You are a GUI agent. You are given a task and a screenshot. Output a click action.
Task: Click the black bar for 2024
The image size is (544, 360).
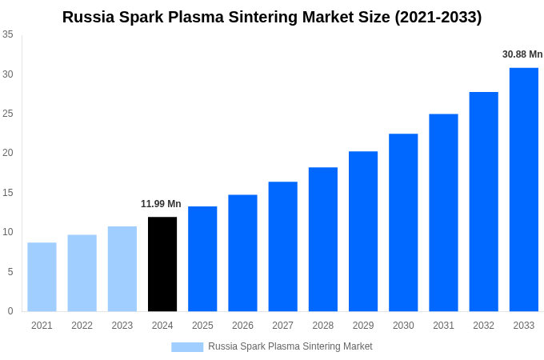(x=162, y=264)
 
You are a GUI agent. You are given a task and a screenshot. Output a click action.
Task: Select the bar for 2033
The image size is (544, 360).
(x=524, y=190)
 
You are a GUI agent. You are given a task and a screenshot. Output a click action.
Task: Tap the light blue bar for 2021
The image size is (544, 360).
(x=42, y=277)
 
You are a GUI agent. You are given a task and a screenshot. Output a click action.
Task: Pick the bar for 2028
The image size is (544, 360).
(x=323, y=239)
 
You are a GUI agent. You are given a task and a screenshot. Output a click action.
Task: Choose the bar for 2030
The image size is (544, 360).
(x=403, y=222)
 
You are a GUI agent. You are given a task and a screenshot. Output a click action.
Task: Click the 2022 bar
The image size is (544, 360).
(x=82, y=273)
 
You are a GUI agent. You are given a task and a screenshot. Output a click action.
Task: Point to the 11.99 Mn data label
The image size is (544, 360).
(x=161, y=204)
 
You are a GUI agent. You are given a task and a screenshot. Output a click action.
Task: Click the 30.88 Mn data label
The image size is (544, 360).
(x=522, y=54)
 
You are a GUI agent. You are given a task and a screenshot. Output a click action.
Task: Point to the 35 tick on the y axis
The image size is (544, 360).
(x=8, y=34)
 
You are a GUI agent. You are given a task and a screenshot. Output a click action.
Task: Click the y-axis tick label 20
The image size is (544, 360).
(x=8, y=153)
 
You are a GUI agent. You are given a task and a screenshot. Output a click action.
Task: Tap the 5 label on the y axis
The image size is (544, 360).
(x=10, y=272)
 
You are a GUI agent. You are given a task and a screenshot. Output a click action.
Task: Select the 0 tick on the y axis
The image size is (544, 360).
(x=10, y=311)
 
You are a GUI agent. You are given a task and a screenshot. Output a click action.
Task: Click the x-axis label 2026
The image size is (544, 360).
(x=242, y=326)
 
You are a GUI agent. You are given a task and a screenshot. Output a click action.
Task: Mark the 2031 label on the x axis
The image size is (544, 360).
(x=443, y=326)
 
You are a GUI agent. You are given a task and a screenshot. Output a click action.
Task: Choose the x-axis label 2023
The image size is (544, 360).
(x=122, y=326)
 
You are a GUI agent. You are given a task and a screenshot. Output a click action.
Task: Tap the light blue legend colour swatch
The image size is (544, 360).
(x=187, y=346)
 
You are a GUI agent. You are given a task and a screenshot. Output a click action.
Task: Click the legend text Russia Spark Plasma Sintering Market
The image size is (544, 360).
(x=290, y=346)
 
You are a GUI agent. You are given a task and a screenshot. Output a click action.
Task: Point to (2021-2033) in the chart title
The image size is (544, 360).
(x=438, y=17)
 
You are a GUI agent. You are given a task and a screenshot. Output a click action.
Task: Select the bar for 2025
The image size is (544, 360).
(x=202, y=259)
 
